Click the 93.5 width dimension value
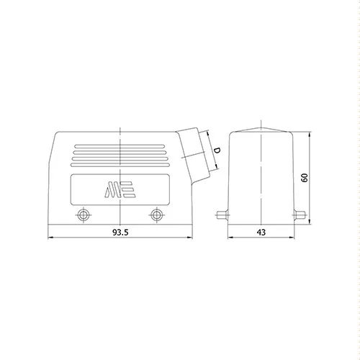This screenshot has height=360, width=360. pos(120,233)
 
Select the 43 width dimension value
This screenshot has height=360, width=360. pos(261,233)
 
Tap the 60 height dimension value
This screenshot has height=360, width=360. pos(305,178)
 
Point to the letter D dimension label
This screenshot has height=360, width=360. pos(217,150)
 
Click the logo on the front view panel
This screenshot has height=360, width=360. pos(120,189)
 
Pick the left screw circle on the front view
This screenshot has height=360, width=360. pos(84,215)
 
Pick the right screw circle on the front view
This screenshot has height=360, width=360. pos(156,215)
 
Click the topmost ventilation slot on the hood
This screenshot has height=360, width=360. pos(120,146)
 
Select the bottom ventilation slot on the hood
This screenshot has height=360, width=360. pos(120,165)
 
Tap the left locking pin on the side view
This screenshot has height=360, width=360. pos(222,215)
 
